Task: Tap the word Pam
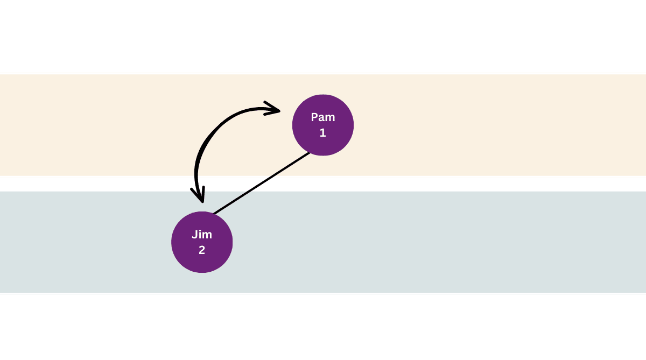point(323,117)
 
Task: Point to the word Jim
point(202,235)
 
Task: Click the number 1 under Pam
point(323,132)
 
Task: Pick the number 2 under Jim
point(202,250)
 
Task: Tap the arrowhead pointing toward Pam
point(273,110)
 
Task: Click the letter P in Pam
point(315,117)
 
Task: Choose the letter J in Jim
point(195,235)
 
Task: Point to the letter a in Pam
point(322,118)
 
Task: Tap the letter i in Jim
point(200,235)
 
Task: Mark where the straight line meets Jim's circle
point(214,214)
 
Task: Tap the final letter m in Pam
point(331,118)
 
